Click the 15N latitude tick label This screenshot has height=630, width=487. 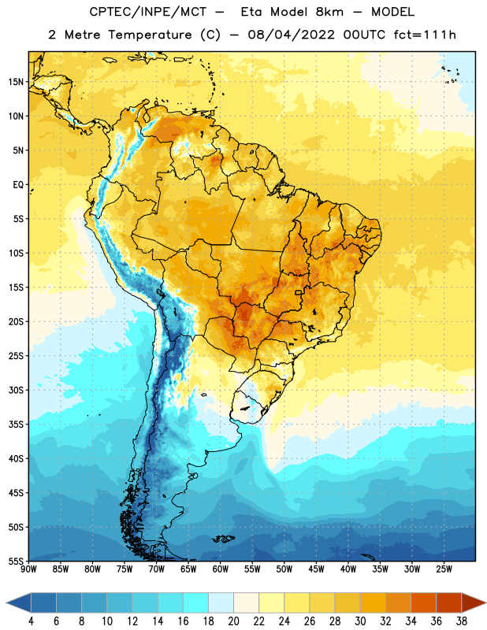(16, 82)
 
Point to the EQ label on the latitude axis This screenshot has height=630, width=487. (18, 185)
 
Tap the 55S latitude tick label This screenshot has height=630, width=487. (16, 561)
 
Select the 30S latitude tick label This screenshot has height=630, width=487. (16, 390)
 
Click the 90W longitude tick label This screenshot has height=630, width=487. (28, 569)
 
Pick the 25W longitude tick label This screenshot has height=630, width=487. (444, 569)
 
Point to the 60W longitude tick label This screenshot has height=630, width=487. (221, 569)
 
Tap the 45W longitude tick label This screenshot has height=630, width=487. (317, 569)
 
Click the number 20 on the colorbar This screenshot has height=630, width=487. (233, 621)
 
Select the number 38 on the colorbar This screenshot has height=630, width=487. (462, 621)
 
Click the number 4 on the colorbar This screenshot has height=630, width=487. (31, 621)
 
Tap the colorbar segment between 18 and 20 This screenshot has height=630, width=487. (221, 602)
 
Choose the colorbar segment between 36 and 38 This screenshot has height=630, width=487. (449, 602)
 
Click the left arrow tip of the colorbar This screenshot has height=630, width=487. (6, 602)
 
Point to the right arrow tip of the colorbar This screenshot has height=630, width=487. (485, 602)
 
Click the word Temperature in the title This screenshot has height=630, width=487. (150, 35)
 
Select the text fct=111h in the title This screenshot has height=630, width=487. (425, 35)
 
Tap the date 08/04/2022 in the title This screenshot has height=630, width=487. (291, 35)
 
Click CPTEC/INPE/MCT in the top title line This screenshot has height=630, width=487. (148, 12)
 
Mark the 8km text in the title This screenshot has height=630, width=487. (329, 12)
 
